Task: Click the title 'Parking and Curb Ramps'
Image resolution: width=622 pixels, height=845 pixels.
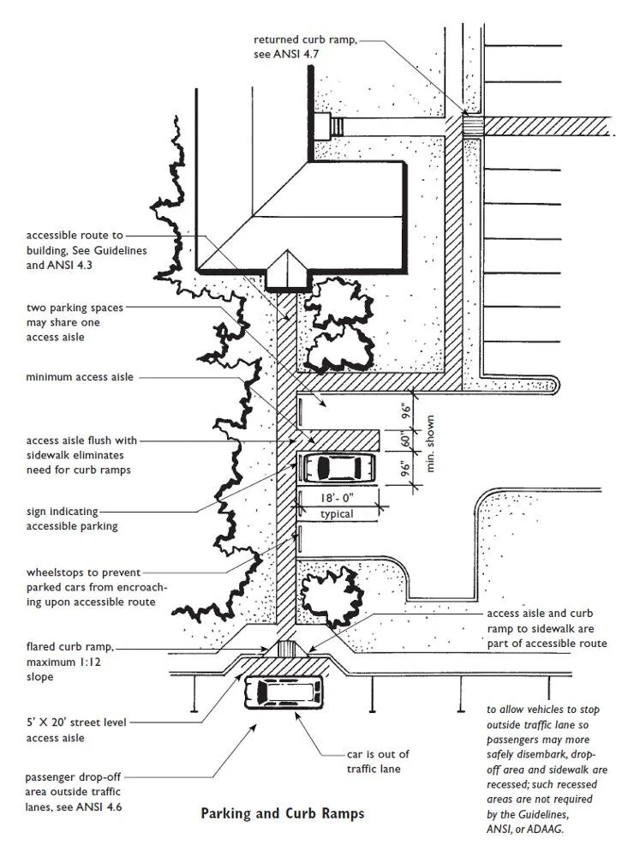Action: point(282,813)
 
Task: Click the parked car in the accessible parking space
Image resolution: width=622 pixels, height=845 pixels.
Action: point(338,468)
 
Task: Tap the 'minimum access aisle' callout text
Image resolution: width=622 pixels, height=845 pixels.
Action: point(80,377)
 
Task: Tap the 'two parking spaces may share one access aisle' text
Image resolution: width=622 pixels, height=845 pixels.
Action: point(75,321)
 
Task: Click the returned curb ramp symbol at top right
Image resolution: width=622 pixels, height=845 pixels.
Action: point(473,125)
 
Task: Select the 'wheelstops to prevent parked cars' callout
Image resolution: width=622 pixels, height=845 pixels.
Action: point(91,587)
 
